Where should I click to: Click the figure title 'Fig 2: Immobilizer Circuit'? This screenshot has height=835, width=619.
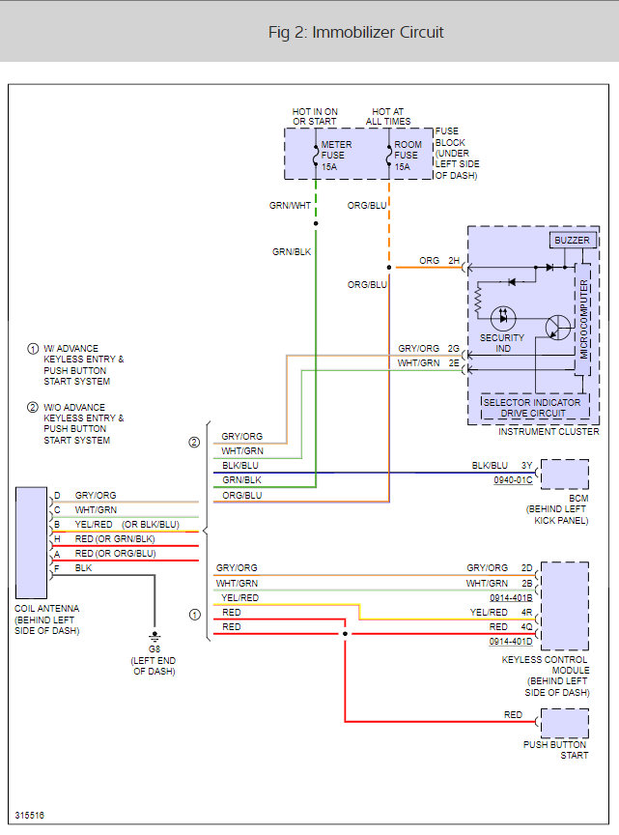click(x=355, y=32)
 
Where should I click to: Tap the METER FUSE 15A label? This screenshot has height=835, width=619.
click(x=336, y=156)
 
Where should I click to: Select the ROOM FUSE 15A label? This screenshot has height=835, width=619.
click(x=408, y=156)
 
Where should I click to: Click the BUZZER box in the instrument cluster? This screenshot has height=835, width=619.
click(x=571, y=240)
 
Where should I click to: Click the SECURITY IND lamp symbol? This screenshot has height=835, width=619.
click(x=503, y=318)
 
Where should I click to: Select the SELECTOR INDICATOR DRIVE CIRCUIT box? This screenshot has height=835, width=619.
click(x=532, y=407)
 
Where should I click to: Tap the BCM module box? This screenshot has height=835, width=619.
click(x=565, y=475)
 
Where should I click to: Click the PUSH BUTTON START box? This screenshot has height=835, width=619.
click(x=565, y=723)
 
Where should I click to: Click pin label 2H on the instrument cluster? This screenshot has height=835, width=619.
click(x=454, y=261)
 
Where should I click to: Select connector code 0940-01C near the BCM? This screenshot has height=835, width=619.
click(x=513, y=479)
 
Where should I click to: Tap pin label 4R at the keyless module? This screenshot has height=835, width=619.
click(x=526, y=612)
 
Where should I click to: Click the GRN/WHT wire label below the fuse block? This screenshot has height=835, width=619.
click(x=291, y=206)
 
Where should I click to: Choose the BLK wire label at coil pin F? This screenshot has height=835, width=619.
click(x=84, y=568)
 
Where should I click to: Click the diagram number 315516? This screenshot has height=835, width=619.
click(x=29, y=816)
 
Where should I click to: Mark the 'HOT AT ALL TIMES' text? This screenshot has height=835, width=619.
click(x=388, y=116)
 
